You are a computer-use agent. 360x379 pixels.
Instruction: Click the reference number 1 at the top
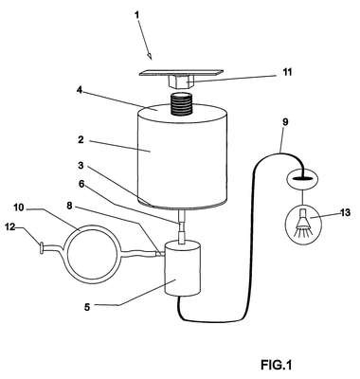136,15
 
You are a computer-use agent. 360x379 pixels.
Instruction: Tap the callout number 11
287,72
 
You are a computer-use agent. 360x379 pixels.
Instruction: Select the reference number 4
80,90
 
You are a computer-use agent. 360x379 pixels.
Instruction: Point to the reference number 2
81,139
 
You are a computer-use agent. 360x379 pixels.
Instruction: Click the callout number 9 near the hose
285,122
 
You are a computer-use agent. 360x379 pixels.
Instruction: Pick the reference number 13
345,212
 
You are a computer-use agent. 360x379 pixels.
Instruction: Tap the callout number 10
19,208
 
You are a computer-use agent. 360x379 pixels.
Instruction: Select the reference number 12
10,226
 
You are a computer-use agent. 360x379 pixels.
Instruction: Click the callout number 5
87,306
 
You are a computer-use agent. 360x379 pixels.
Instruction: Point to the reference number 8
69,206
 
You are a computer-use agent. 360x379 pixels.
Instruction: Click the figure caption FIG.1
276,365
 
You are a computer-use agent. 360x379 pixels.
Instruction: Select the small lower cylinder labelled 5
183,268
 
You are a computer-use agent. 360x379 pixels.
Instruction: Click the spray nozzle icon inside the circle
303,223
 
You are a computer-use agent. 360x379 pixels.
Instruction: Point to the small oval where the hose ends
303,179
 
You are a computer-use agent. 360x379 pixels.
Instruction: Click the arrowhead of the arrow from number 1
150,56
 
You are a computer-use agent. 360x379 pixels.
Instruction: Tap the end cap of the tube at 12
41,247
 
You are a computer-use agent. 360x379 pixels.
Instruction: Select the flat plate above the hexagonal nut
181,73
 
